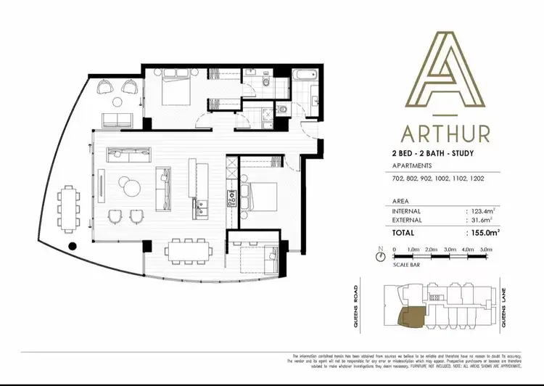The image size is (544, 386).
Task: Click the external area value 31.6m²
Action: [479, 221]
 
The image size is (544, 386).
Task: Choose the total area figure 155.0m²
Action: [481, 233]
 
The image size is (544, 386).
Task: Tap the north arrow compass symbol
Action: [380, 255]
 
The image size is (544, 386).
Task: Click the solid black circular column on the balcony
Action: [72, 247]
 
